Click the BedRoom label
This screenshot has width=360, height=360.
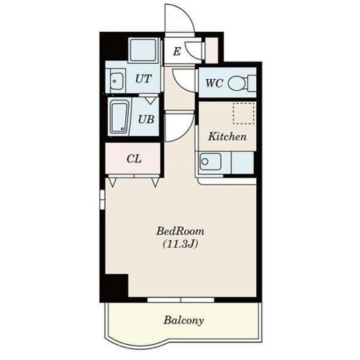(x=180, y=231)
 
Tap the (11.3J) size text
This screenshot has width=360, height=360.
(x=180, y=245)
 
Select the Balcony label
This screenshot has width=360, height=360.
(x=184, y=320)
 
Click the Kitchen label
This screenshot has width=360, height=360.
(x=227, y=137)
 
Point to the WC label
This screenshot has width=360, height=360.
(x=214, y=83)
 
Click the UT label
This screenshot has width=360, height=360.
(x=143, y=78)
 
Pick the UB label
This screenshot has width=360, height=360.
(x=146, y=119)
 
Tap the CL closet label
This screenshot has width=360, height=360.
(x=134, y=159)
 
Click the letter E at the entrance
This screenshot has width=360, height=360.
(x=177, y=51)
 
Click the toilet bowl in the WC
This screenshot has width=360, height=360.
(x=237, y=83)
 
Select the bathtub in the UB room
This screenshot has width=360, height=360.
(x=119, y=118)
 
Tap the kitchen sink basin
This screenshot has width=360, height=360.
(x=210, y=162)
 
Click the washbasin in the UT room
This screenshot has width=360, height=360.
(x=117, y=81)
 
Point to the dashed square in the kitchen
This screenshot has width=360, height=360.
(x=244, y=114)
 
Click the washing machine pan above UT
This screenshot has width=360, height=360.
(x=143, y=50)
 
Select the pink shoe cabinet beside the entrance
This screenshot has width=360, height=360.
(x=211, y=51)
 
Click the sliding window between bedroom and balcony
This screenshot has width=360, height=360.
(x=181, y=300)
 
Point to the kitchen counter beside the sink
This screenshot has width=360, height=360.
(x=243, y=163)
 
